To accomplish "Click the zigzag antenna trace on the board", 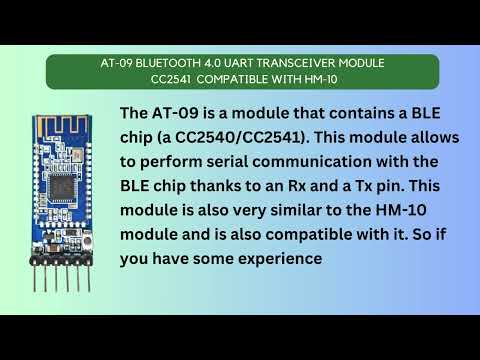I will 62,118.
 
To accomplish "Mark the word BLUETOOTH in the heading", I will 161,63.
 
